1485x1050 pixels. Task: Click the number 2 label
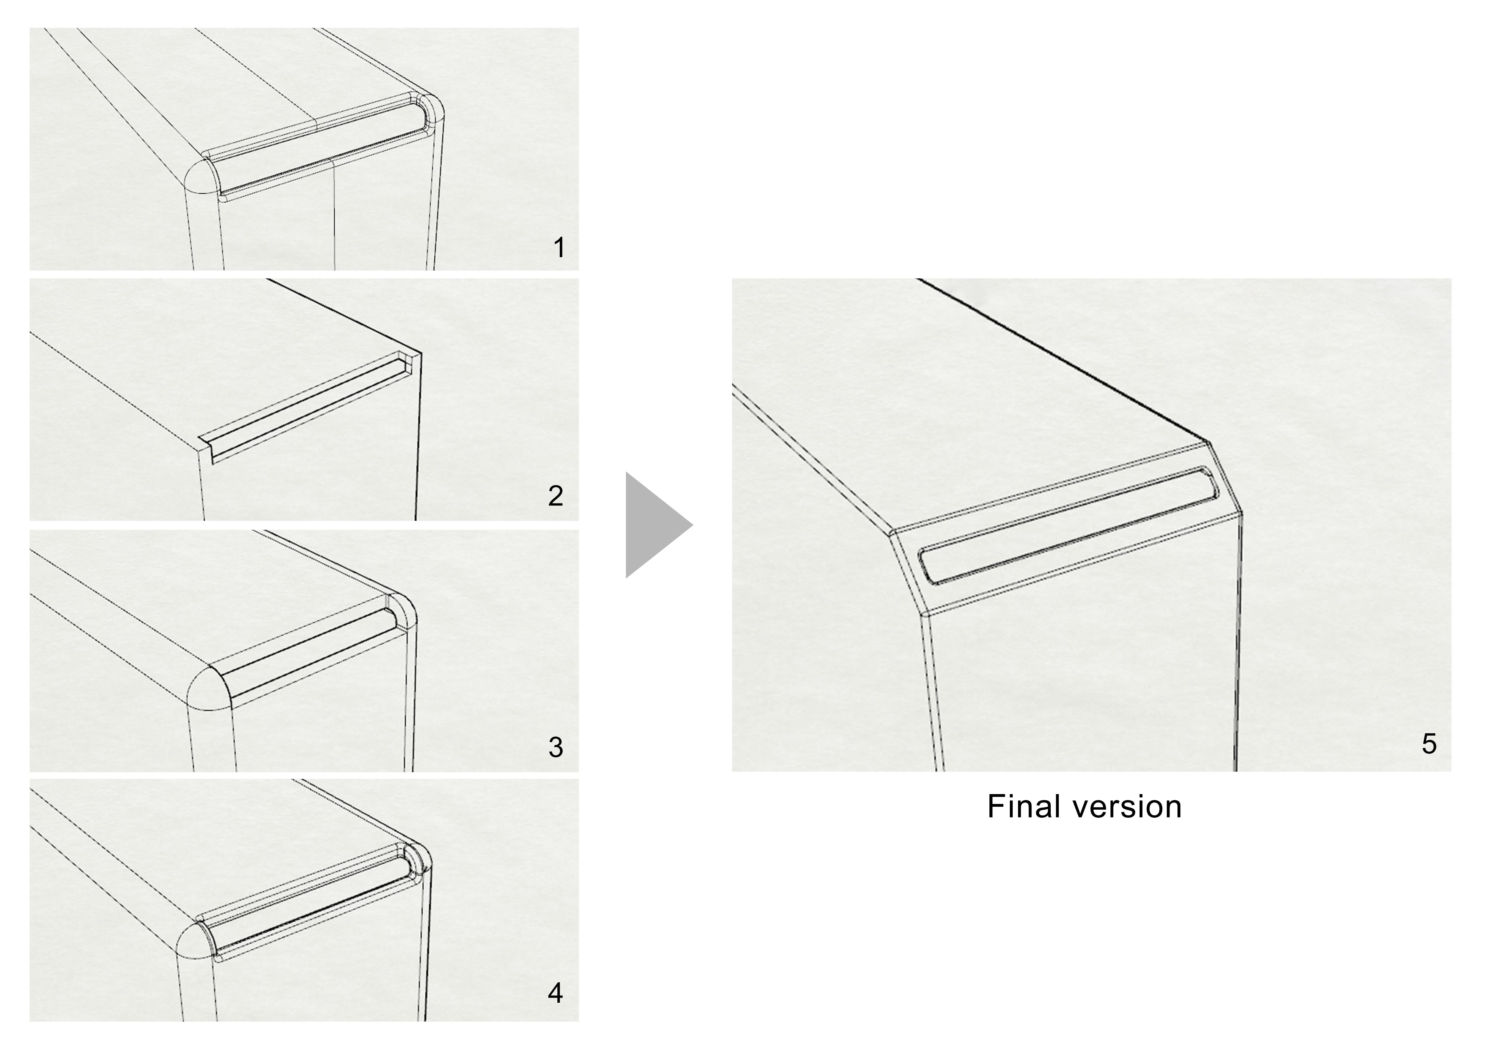555,496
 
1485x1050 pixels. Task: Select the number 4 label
555,993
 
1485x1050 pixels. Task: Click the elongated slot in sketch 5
1067,525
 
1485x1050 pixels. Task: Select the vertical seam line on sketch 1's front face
334,213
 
